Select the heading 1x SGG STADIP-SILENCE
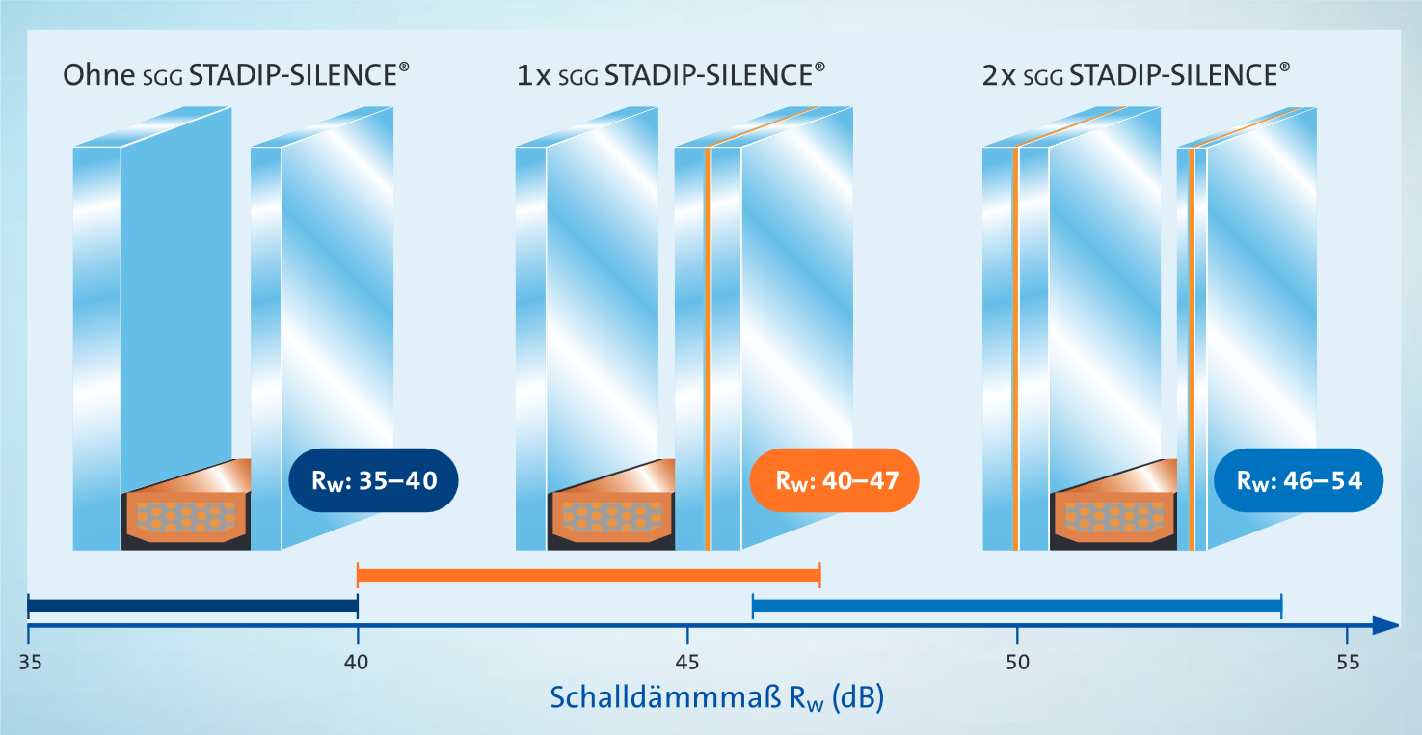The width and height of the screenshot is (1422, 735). click(x=671, y=75)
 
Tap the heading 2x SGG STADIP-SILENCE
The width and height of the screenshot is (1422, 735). click(x=1136, y=75)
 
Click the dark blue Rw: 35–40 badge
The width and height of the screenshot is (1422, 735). click(x=373, y=479)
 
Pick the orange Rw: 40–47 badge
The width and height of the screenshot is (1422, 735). click(x=834, y=479)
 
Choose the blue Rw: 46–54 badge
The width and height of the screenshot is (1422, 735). click(x=1300, y=479)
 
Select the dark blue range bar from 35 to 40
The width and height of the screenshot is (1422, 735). click(x=193, y=607)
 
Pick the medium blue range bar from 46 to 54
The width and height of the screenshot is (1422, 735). click(x=1016, y=607)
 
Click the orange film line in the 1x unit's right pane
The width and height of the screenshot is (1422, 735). click(x=708, y=347)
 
